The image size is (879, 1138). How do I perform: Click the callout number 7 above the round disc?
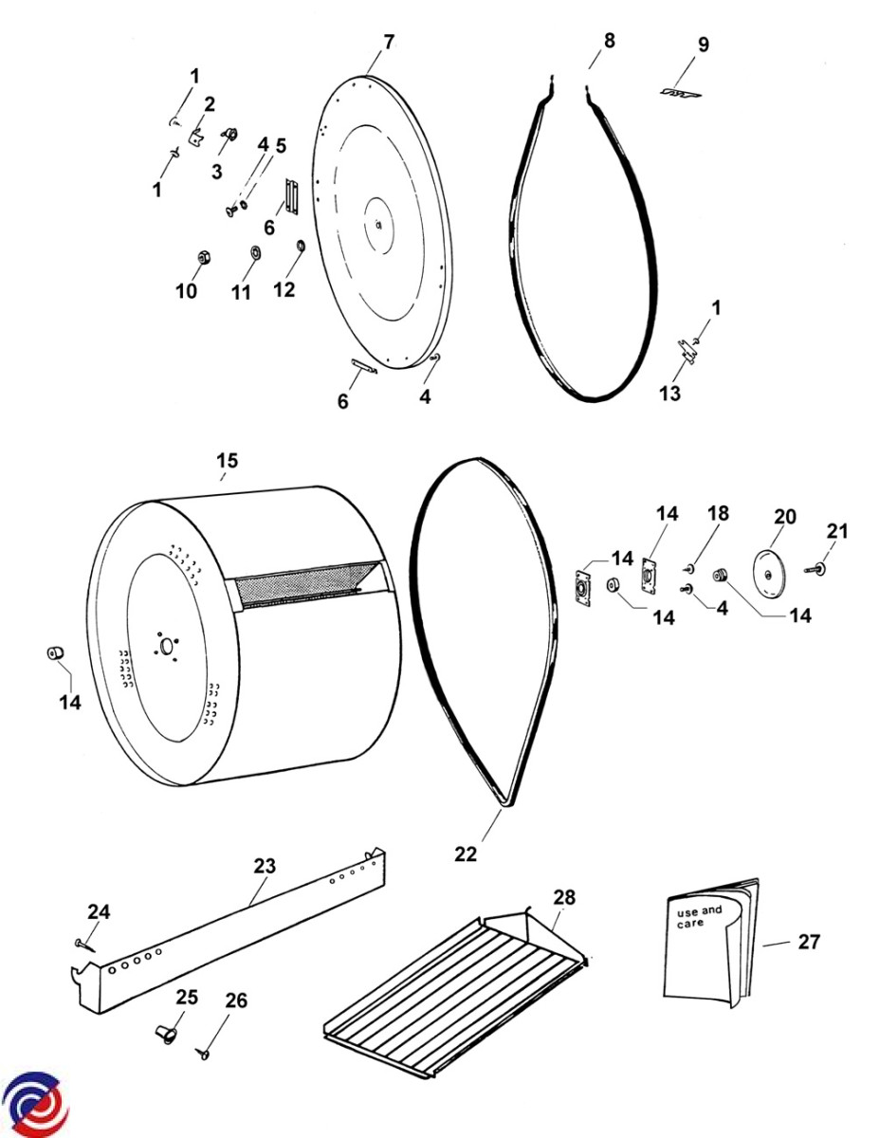388,42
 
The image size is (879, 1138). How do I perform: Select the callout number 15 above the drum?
227,461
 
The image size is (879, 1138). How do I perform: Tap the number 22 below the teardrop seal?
466,853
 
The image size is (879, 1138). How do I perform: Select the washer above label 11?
254,253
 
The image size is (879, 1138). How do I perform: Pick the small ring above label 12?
301,248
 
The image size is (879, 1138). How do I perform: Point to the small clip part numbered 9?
681,93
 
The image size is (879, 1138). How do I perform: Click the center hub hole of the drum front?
168,646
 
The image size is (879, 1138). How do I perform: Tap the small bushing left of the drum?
56,654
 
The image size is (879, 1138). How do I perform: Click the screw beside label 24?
83,943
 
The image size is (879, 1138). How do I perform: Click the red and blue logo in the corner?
35,1105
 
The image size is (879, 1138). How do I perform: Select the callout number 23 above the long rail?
265,866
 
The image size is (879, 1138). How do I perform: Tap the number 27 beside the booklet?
809,942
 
